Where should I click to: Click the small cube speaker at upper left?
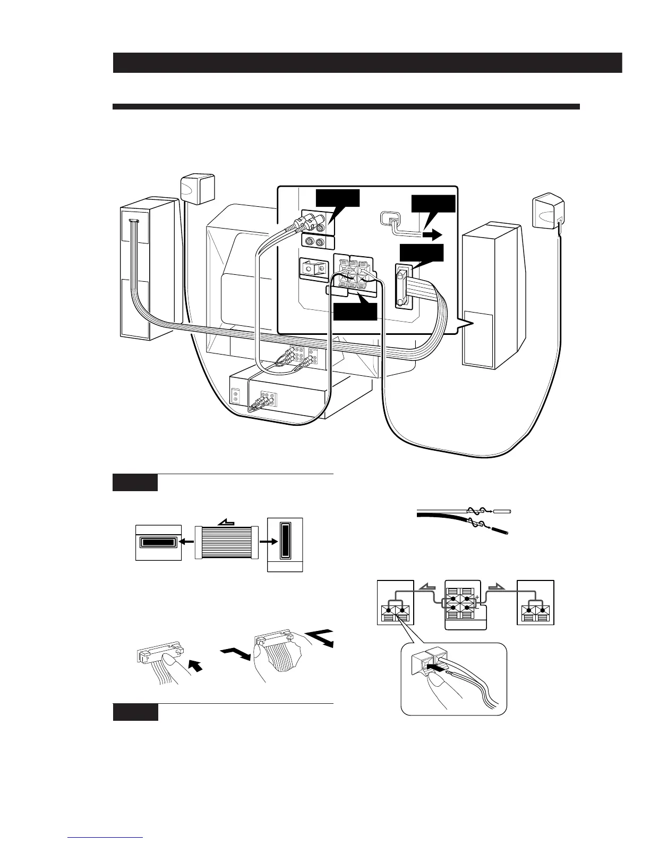point(198,188)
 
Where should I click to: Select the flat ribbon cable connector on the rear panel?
point(402,287)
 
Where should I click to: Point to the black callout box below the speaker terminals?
point(355,311)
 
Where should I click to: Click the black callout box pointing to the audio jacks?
point(337,198)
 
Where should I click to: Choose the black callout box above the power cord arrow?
point(433,206)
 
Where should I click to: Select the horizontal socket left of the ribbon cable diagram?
point(159,543)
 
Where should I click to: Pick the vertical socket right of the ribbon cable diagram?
point(285,544)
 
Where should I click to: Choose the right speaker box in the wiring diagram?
point(536,602)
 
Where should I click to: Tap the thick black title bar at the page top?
point(367,63)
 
